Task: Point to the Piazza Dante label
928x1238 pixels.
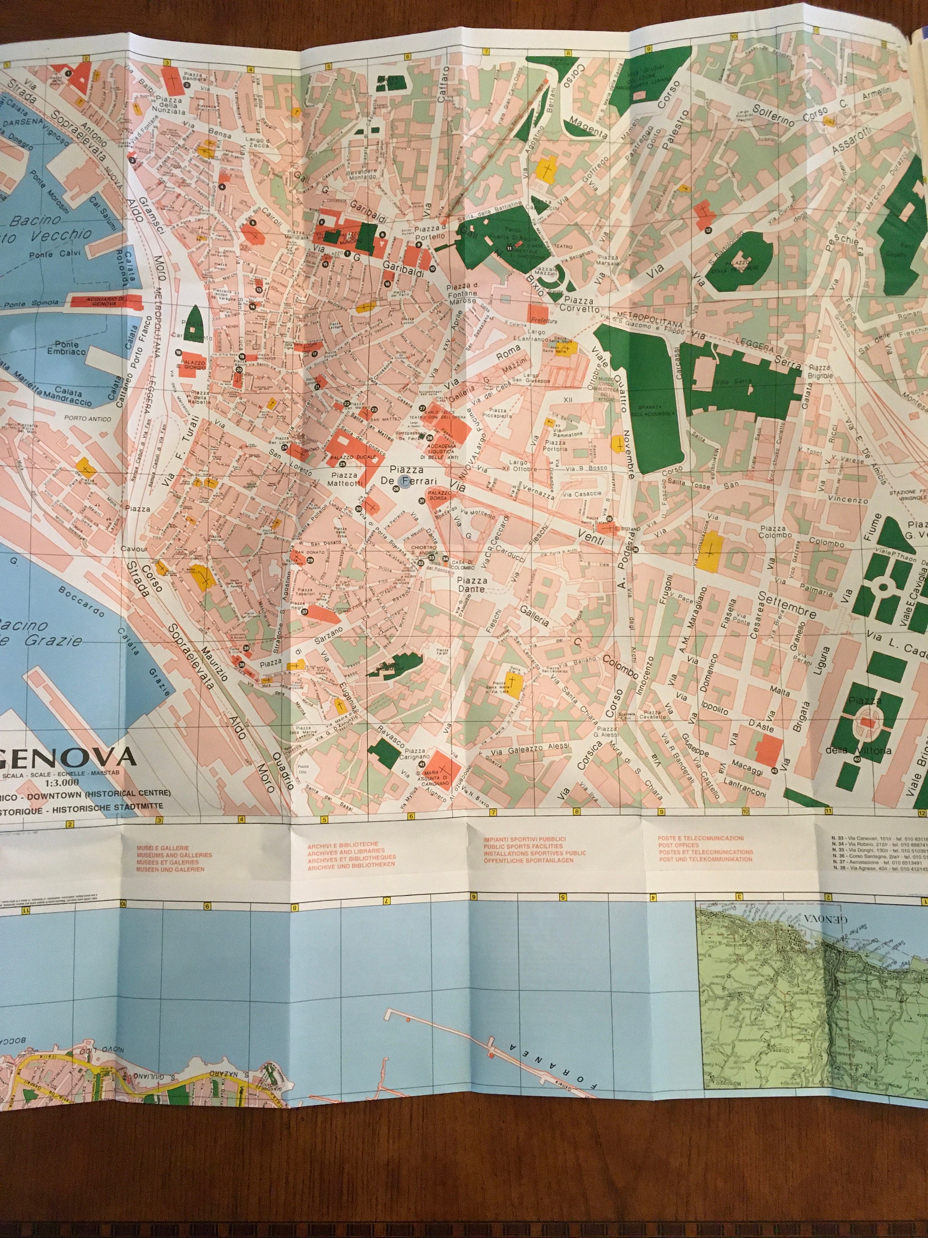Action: click(x=471, y=585)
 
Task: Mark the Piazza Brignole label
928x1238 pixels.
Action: click(x=820, y=372)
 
